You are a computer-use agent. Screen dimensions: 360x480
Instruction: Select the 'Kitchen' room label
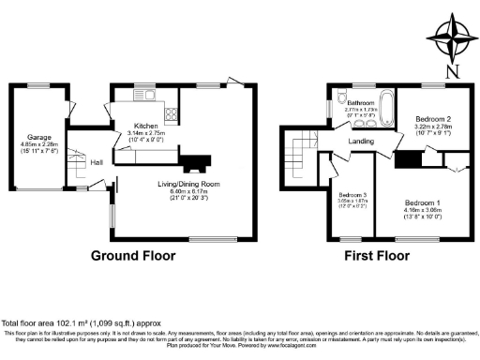[145, 125]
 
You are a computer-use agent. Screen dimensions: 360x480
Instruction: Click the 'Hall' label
[96, 162]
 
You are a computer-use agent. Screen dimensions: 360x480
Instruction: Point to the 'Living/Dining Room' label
[188, 184]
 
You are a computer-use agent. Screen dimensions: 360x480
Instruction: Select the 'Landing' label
[361, 142]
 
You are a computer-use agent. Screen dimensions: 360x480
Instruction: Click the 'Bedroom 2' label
[434, 120]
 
